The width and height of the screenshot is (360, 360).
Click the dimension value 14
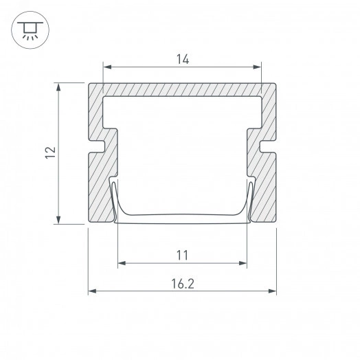[183, 59]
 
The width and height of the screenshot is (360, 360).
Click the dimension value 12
[51, 153]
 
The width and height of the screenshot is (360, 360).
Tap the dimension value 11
[182, 255]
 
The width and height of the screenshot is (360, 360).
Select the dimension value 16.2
[183, 284]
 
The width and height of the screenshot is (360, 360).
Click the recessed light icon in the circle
[30, 30]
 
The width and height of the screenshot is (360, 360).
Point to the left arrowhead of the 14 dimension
[107, 67]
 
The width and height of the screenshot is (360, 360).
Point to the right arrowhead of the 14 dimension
[257, 67]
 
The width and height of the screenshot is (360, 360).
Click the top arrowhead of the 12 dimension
[58, 87]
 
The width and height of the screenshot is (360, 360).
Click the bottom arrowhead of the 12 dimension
[58, 219]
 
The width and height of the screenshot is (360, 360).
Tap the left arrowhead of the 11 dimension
[122, 263]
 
